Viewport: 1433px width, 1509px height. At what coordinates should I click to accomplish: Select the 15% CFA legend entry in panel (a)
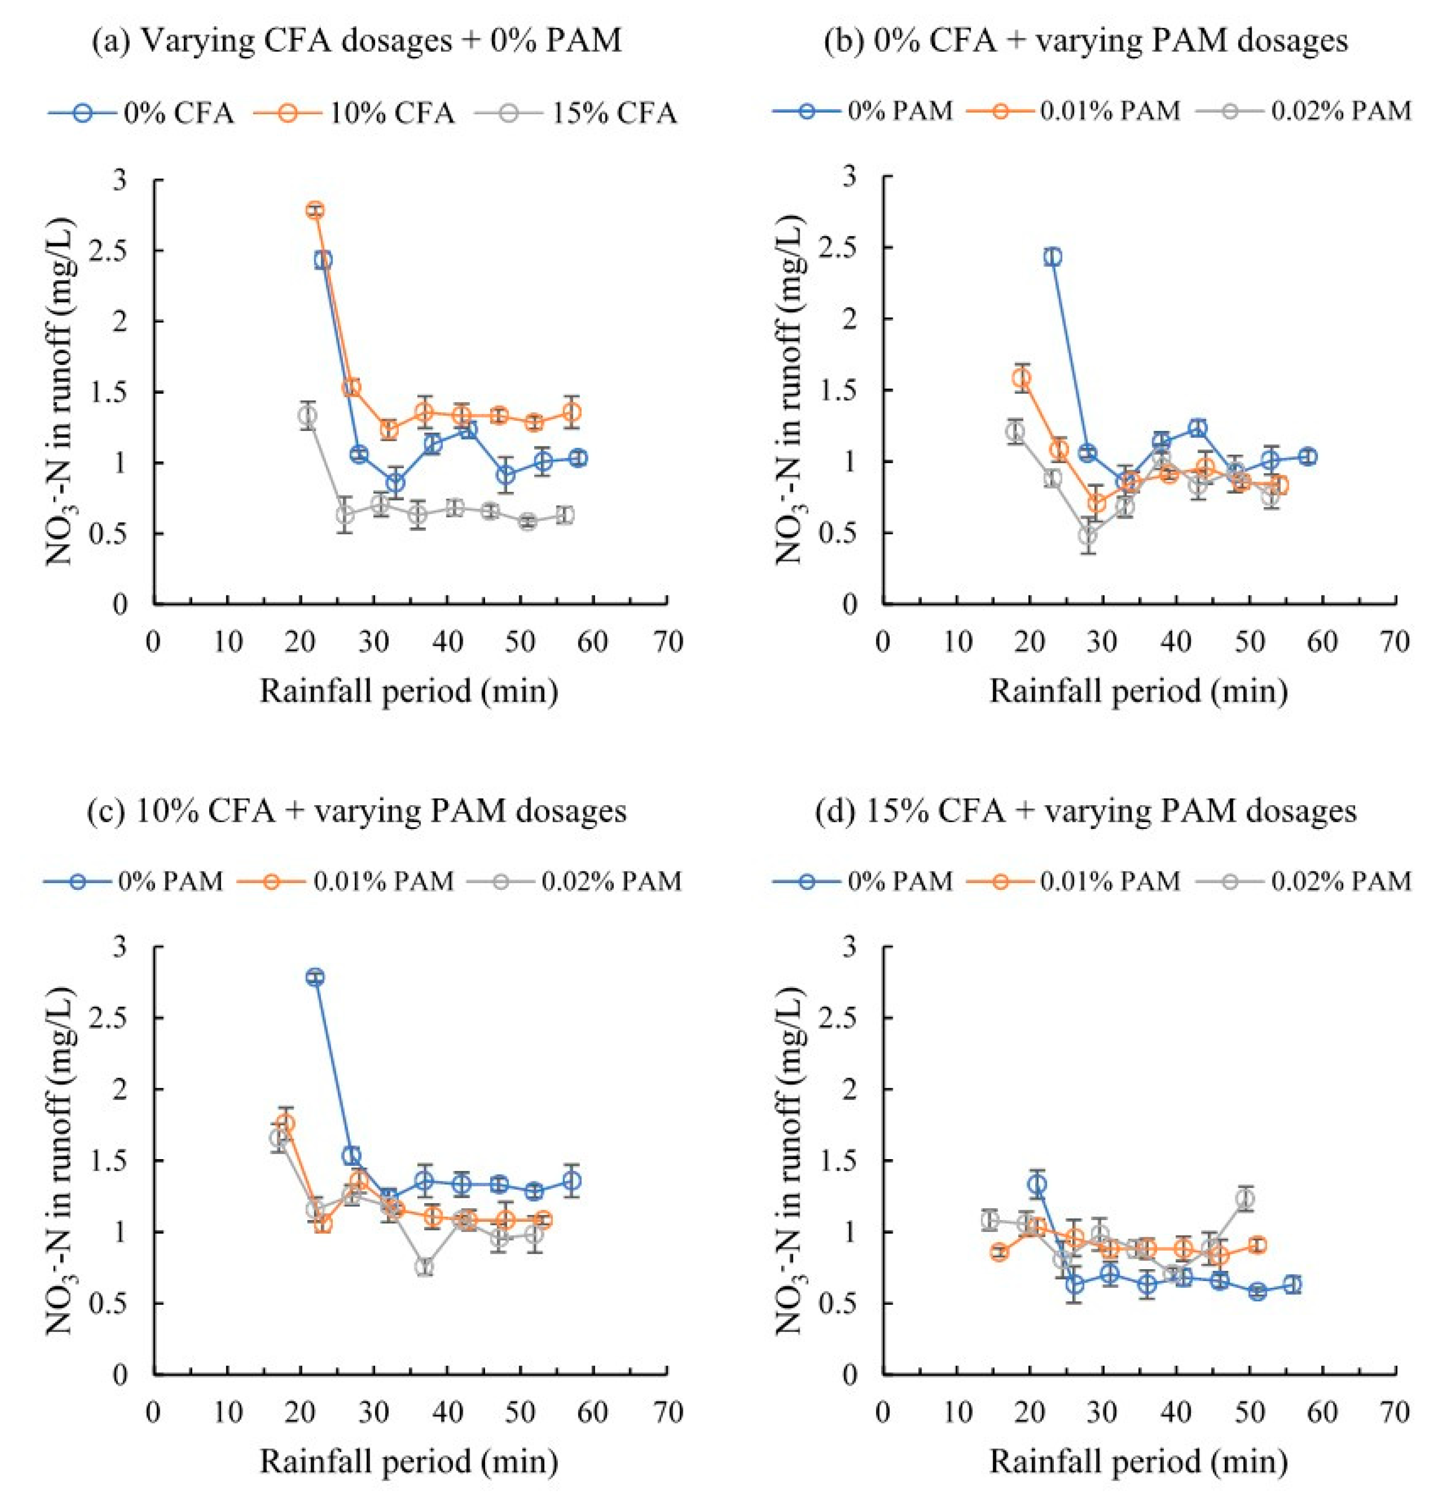click(x=576, y=113)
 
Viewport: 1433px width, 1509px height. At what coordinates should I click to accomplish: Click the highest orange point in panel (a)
click(x=315, y=210)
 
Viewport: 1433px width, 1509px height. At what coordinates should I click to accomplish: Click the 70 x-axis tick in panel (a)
click(x=669, y=642)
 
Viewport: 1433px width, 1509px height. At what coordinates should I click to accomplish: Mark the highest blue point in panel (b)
click(x=1053, y=257)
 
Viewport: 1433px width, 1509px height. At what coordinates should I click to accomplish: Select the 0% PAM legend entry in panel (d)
click(x=864, y=881)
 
